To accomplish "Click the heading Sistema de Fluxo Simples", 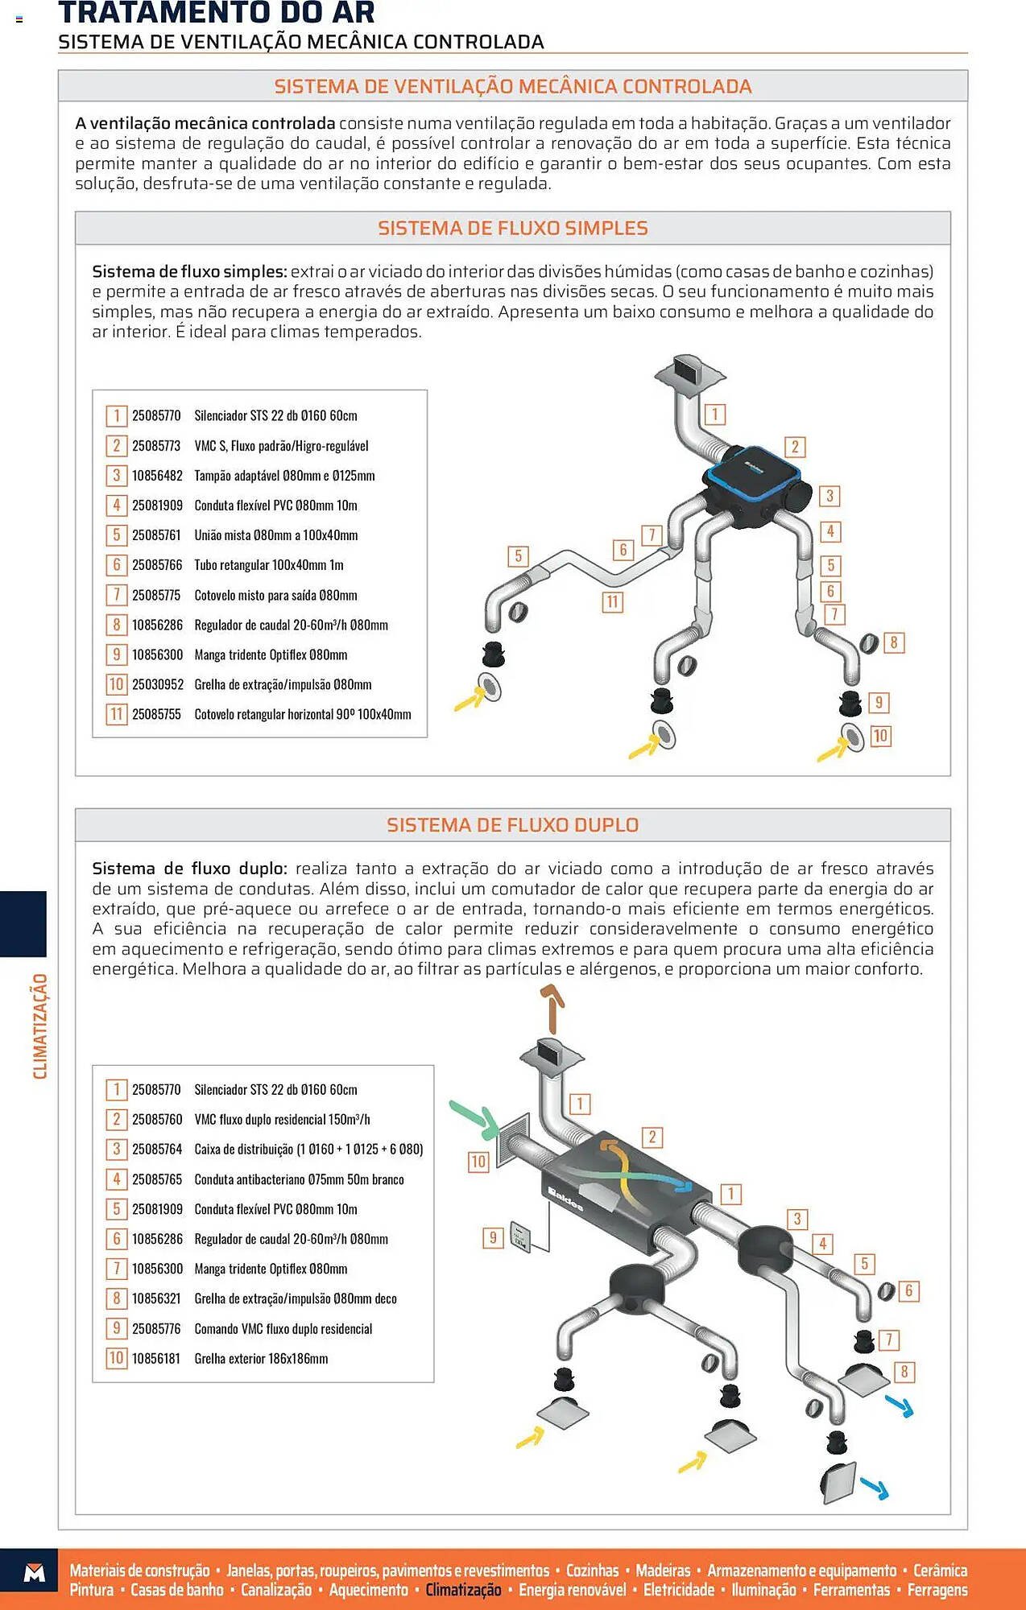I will [512, 228].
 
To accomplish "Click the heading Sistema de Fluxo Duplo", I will [512, 825].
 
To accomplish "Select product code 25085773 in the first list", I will [156, 446].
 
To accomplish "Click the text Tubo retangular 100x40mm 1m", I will [268, 565].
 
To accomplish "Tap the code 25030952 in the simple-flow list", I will [157, 685].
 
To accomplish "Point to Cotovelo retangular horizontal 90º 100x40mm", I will [302, 715].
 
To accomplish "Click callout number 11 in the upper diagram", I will [612, 601].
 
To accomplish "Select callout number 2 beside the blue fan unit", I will [795, 447].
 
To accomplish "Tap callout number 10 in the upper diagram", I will [880, 735].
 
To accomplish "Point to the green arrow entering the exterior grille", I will [474, 1118].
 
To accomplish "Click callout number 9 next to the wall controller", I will [493, 1237].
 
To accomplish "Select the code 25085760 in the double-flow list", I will [156, 1120].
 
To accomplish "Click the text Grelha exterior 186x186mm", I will [261, 1359].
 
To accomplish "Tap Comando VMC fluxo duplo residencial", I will [283, 1329].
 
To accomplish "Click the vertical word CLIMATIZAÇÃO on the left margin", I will [39, 1026].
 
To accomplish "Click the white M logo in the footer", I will [35, 1572].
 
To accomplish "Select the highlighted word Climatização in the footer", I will [463, 1590].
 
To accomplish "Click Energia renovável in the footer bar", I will [572, 1590].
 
